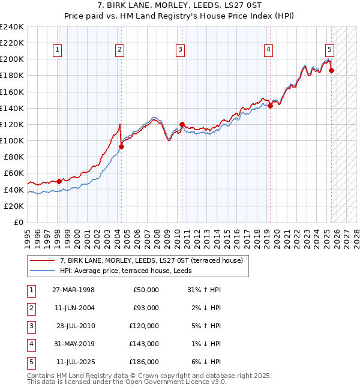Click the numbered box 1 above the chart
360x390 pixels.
point(58,50)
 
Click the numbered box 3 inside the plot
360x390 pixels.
point(180,50)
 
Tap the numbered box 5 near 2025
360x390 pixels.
point(330,50)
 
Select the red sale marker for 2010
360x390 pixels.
point(182,124)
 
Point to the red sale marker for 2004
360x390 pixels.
point(121,146)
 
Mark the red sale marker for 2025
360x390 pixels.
point(332,71)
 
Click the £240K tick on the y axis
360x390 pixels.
point(12,27)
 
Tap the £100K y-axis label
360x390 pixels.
point(12,140)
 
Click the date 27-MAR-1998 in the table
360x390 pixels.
point(74,290)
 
